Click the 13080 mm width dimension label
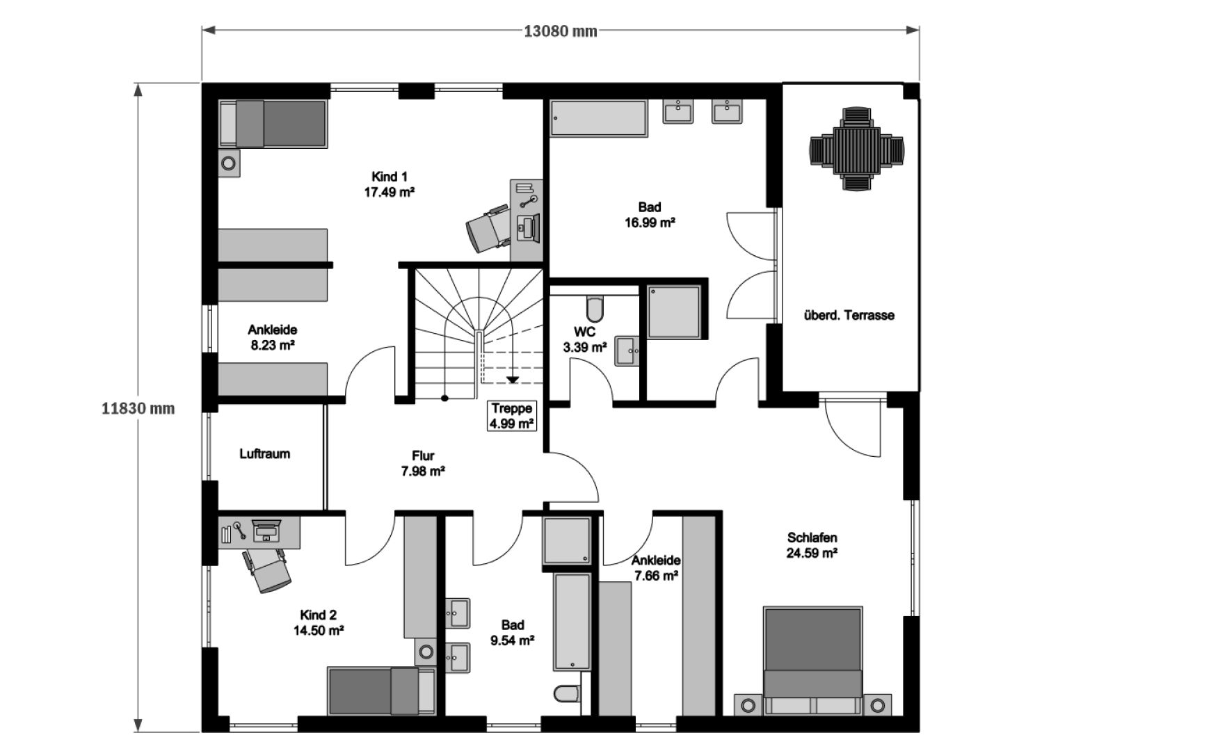[x=560, y=31]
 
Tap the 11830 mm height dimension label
[x=138, y=409]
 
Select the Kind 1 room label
[x=390, y=184]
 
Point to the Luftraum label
[x=264, y=454]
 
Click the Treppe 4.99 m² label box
[x=511, y=416]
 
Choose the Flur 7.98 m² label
[x=423, y=464]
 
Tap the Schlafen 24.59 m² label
[x=812, y=545]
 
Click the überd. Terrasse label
[x=849, y=315]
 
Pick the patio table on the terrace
[x=857, y=149]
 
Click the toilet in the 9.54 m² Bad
[x=567, y=693]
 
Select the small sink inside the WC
[x=627, y=351]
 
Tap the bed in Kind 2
[x=382, y=691]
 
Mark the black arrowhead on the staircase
[x=513, y=380]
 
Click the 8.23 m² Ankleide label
[x=272, y=337]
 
